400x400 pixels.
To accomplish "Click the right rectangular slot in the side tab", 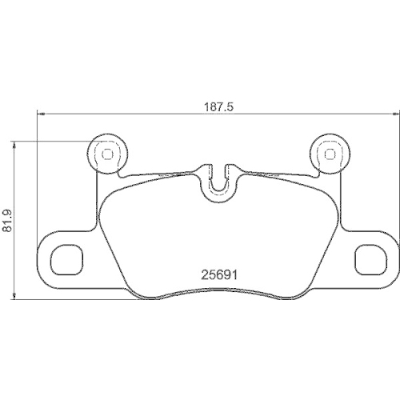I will pyautogui.click(x=369, y=258).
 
